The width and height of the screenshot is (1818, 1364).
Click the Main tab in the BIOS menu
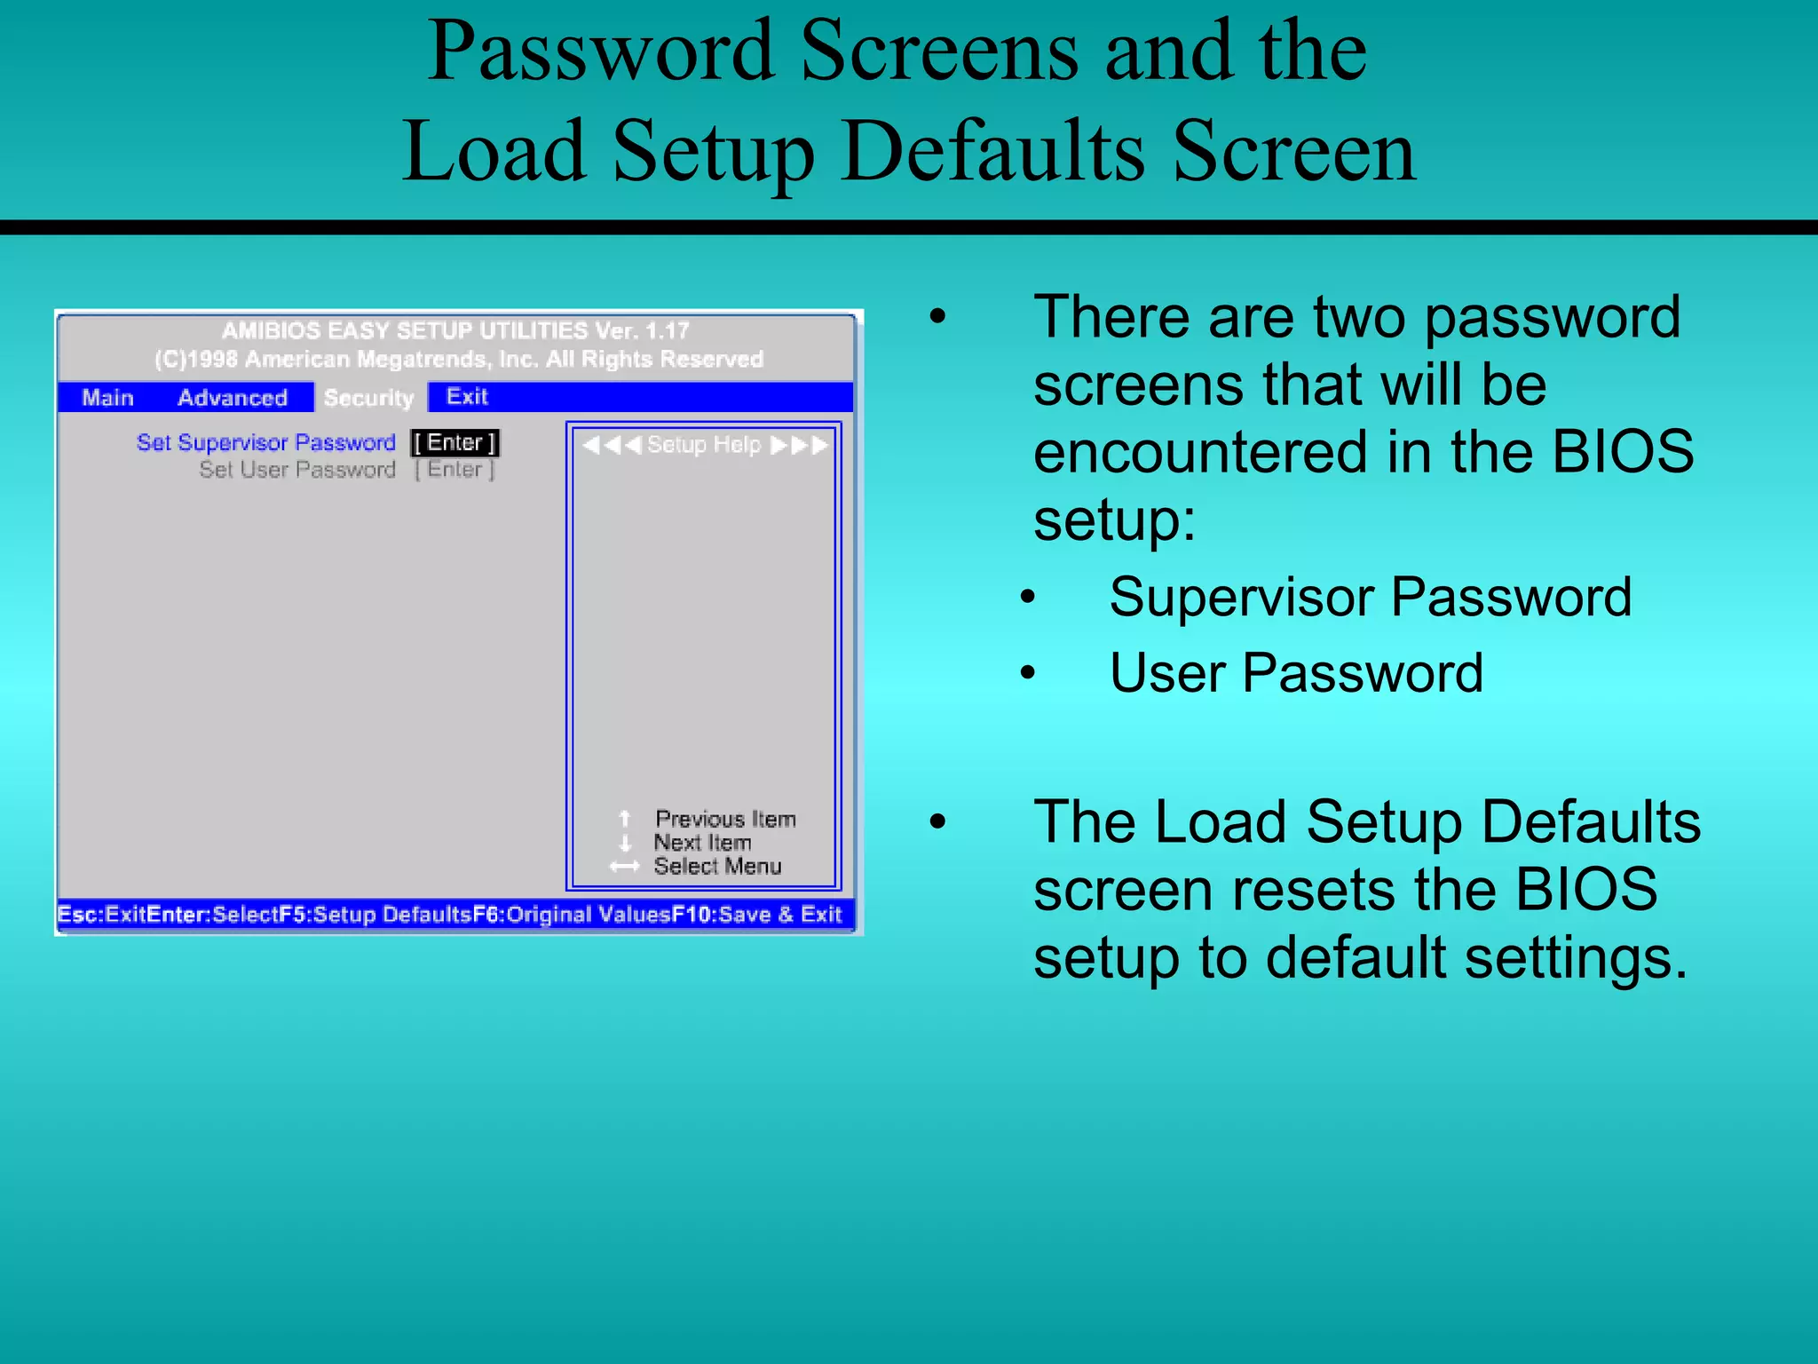tap(107, 397)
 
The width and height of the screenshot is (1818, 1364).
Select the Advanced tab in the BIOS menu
tap(233, 397)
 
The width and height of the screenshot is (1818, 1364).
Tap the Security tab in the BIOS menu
tap(369, 397)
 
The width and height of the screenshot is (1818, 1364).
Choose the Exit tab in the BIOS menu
tap(467, 396)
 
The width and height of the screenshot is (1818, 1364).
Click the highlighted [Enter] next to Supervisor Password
tap(455, 442)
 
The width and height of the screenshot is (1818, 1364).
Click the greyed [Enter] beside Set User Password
tap(455, 469)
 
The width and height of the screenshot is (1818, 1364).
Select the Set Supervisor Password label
tap(265, 442)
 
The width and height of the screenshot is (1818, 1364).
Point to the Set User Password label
tap(297, 469)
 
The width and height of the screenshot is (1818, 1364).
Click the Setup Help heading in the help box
tap(704, 444)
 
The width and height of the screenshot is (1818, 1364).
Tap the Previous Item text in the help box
tap(725, 819)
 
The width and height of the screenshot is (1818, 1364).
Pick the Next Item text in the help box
tap(702, 842)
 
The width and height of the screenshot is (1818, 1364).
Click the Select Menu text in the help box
tap(717, 866)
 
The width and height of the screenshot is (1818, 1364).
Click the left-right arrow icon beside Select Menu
tap(624, 867)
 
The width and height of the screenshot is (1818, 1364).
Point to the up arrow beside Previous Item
tap(625, 818)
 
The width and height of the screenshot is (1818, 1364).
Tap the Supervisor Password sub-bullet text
tap(1370, 596)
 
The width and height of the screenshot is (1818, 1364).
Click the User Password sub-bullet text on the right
tap(1296, 672)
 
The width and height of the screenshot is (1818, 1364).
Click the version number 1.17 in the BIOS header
tap(668, 330)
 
